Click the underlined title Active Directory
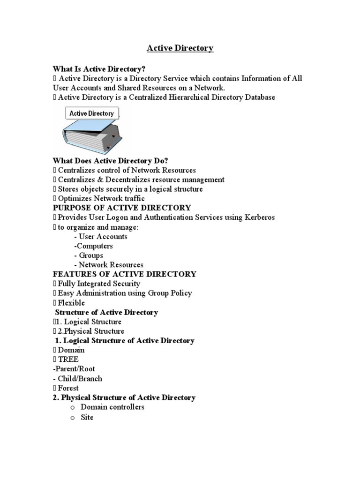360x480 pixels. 180,48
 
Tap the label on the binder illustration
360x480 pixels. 91,113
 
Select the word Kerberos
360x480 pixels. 257,217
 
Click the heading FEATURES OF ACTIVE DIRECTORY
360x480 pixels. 124,274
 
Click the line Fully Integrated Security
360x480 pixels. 99,284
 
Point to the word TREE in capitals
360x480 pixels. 68,360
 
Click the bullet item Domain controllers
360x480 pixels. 112,407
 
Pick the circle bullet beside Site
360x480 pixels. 73,417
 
